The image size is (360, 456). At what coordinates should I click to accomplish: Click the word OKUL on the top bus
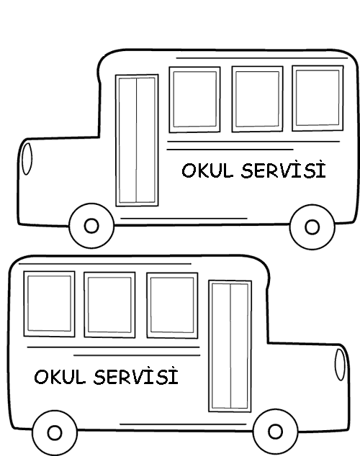(x=207, y=170)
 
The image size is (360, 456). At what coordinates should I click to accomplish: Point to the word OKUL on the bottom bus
(x=60, y=377)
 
